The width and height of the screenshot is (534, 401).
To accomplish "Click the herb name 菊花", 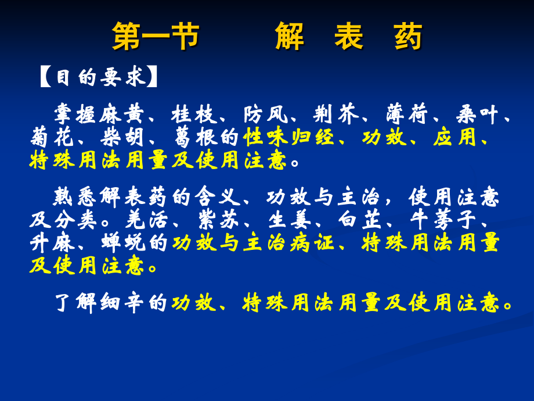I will point(53,138).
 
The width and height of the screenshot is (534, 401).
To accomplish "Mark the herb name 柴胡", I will point(124,138).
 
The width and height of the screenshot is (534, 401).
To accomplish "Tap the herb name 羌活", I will point(147,221).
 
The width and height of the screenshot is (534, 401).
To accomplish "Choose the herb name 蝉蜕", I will point(124,244).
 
